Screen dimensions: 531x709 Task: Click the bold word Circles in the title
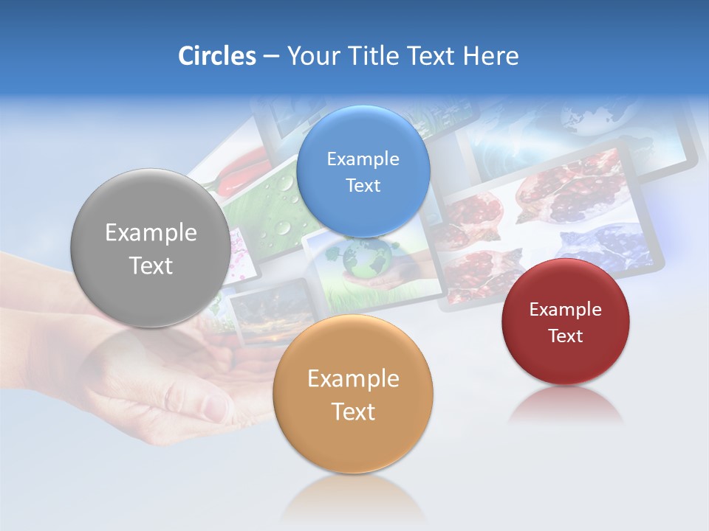[x=216, y=56]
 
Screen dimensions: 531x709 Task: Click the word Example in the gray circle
[x=151, y=232]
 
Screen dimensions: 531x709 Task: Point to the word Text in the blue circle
[x=363, y=185]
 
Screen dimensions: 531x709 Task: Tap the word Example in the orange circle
[x=353, y=378]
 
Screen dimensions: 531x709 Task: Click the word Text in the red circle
[x=566, y=336]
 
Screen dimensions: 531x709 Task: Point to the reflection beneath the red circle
[x=565, y=406]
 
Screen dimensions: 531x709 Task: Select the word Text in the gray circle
[x=151, y=265]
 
